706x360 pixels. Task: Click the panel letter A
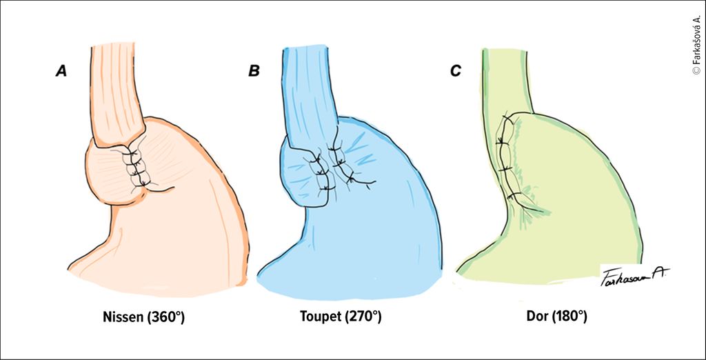(61, 70)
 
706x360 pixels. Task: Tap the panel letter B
(254, 70)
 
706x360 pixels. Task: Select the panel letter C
(455, 70)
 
